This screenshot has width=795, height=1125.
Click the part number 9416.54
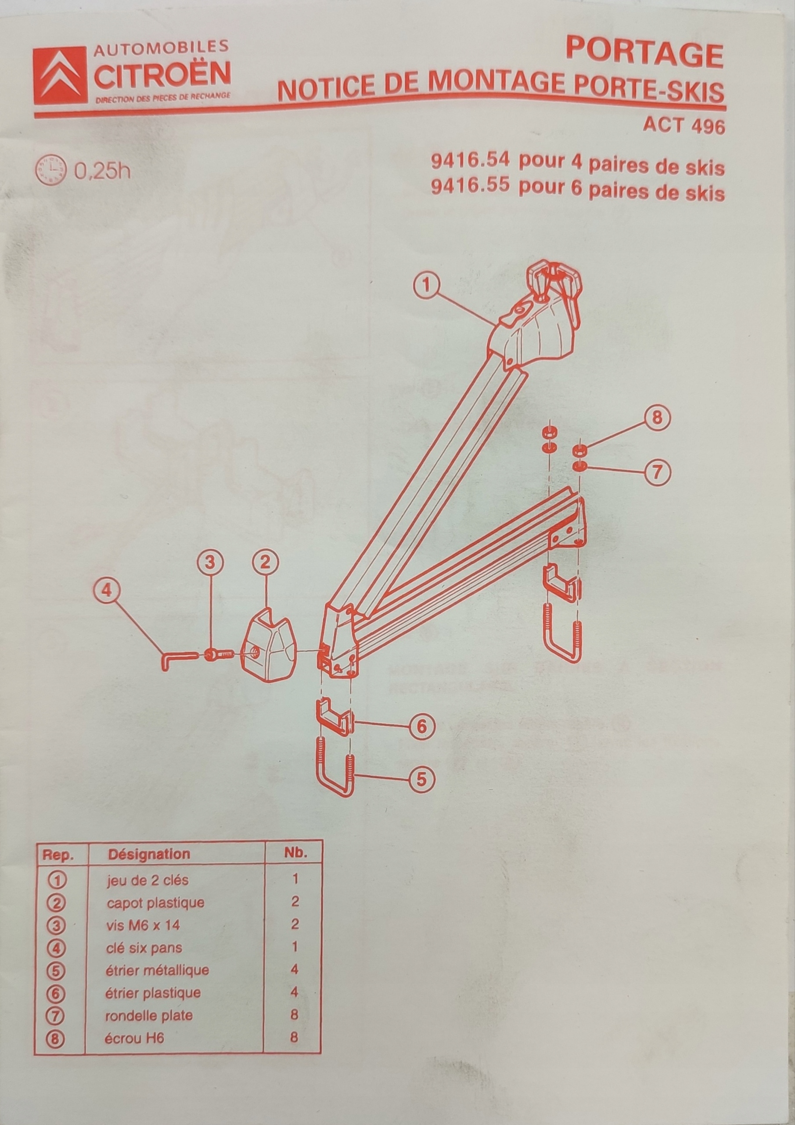click(x=470, y=161)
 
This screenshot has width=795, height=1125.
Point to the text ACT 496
click(x=683, y=126)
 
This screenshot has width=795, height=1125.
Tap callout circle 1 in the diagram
click(x=428, y=286)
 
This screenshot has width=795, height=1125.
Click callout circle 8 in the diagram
click(x=656, y=418)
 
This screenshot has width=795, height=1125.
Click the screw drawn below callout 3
click(x=218, y=654)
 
